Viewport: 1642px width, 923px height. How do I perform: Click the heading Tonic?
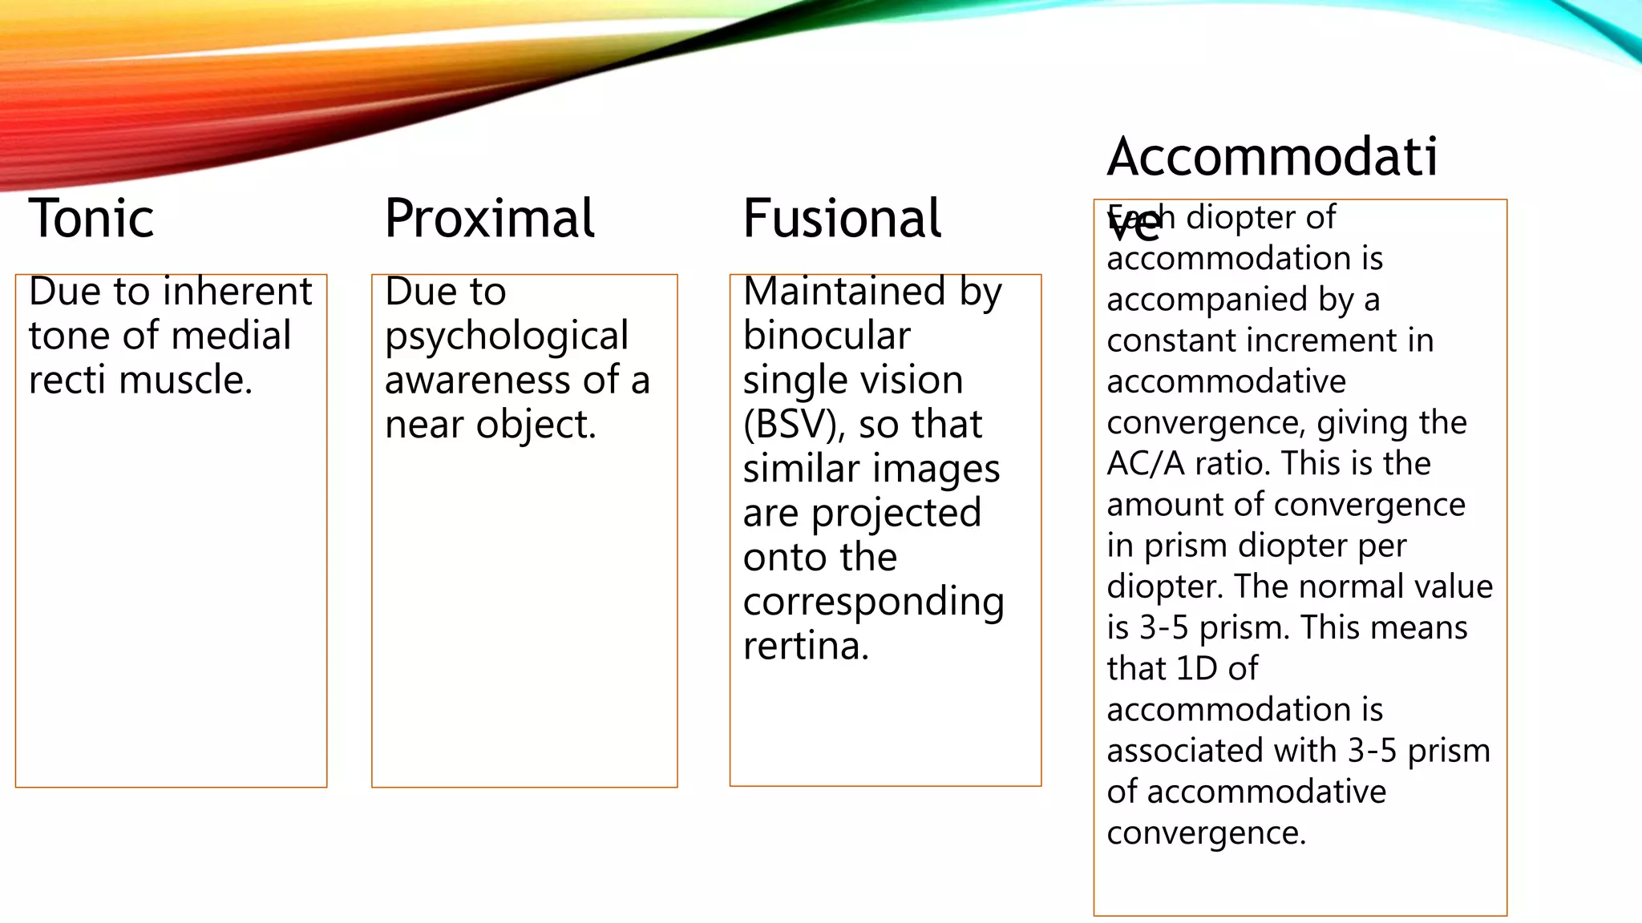coord(91,218)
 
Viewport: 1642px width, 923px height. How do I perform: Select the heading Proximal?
coord(489,218)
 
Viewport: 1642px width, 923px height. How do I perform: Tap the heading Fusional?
coord(842,218)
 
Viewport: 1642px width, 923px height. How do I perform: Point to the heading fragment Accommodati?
coord(1272,156)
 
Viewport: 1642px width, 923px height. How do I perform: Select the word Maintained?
coord(844,291)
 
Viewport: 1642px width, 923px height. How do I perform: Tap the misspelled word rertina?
coord(806,646)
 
